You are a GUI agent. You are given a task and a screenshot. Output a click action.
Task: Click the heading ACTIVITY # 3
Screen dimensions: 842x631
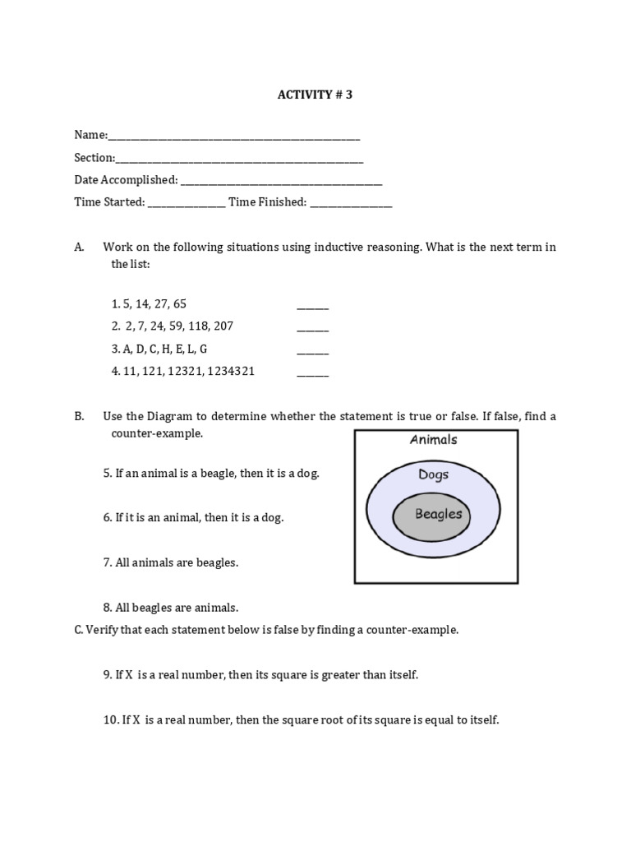(x=315, y=95)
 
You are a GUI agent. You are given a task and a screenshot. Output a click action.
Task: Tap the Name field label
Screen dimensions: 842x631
(x=90, y=135)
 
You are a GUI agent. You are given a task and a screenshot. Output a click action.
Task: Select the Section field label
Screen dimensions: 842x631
(x=94, y=157)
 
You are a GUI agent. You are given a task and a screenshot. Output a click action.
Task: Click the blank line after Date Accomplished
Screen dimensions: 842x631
(x=281, y=180)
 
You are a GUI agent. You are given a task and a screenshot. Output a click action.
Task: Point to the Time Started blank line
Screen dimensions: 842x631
(x=187, y=202)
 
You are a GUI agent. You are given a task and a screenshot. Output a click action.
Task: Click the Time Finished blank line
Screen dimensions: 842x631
(x=351, y=202)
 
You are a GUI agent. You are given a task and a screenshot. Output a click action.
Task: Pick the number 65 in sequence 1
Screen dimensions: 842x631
(x=180, y=303)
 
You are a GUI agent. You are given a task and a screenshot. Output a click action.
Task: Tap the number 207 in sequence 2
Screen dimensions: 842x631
(x=223, y=326)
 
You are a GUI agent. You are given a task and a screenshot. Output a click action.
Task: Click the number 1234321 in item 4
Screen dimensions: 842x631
(x=232, y=371)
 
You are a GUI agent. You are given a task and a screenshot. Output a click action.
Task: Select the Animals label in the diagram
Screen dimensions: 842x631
(x=434, y=440)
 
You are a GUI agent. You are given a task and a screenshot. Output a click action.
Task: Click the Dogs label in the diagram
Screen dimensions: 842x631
(x=433, y=474)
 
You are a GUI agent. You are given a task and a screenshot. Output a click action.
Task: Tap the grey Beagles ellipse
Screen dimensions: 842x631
(x=438, y=516)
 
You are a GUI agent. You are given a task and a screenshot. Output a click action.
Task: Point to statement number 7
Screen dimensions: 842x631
(x=108, y=563)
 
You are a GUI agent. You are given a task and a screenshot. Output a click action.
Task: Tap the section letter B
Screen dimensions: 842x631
(x=79, y=417)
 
